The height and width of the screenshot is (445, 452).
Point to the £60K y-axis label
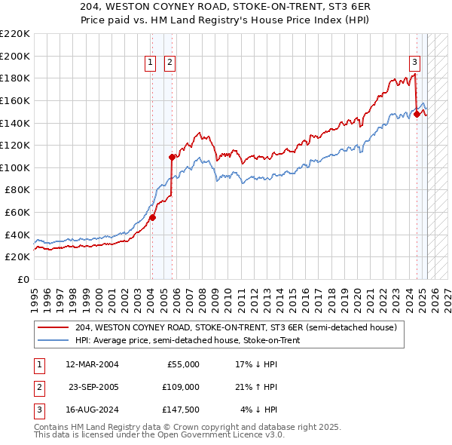17,213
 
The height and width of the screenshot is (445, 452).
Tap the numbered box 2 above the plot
169,63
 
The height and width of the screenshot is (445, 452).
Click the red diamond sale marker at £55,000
152,217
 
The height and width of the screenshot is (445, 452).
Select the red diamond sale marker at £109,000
172,157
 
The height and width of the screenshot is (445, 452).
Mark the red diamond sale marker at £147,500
416,114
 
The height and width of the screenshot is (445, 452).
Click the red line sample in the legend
54,327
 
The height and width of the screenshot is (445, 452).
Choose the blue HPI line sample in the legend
54,340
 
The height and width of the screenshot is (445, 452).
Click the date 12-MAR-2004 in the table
92,364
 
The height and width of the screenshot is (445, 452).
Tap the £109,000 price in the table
181,387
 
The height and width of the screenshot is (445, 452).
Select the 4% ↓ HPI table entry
259,410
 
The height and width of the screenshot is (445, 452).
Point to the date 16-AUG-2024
92,410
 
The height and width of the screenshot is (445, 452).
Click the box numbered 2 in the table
38,387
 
